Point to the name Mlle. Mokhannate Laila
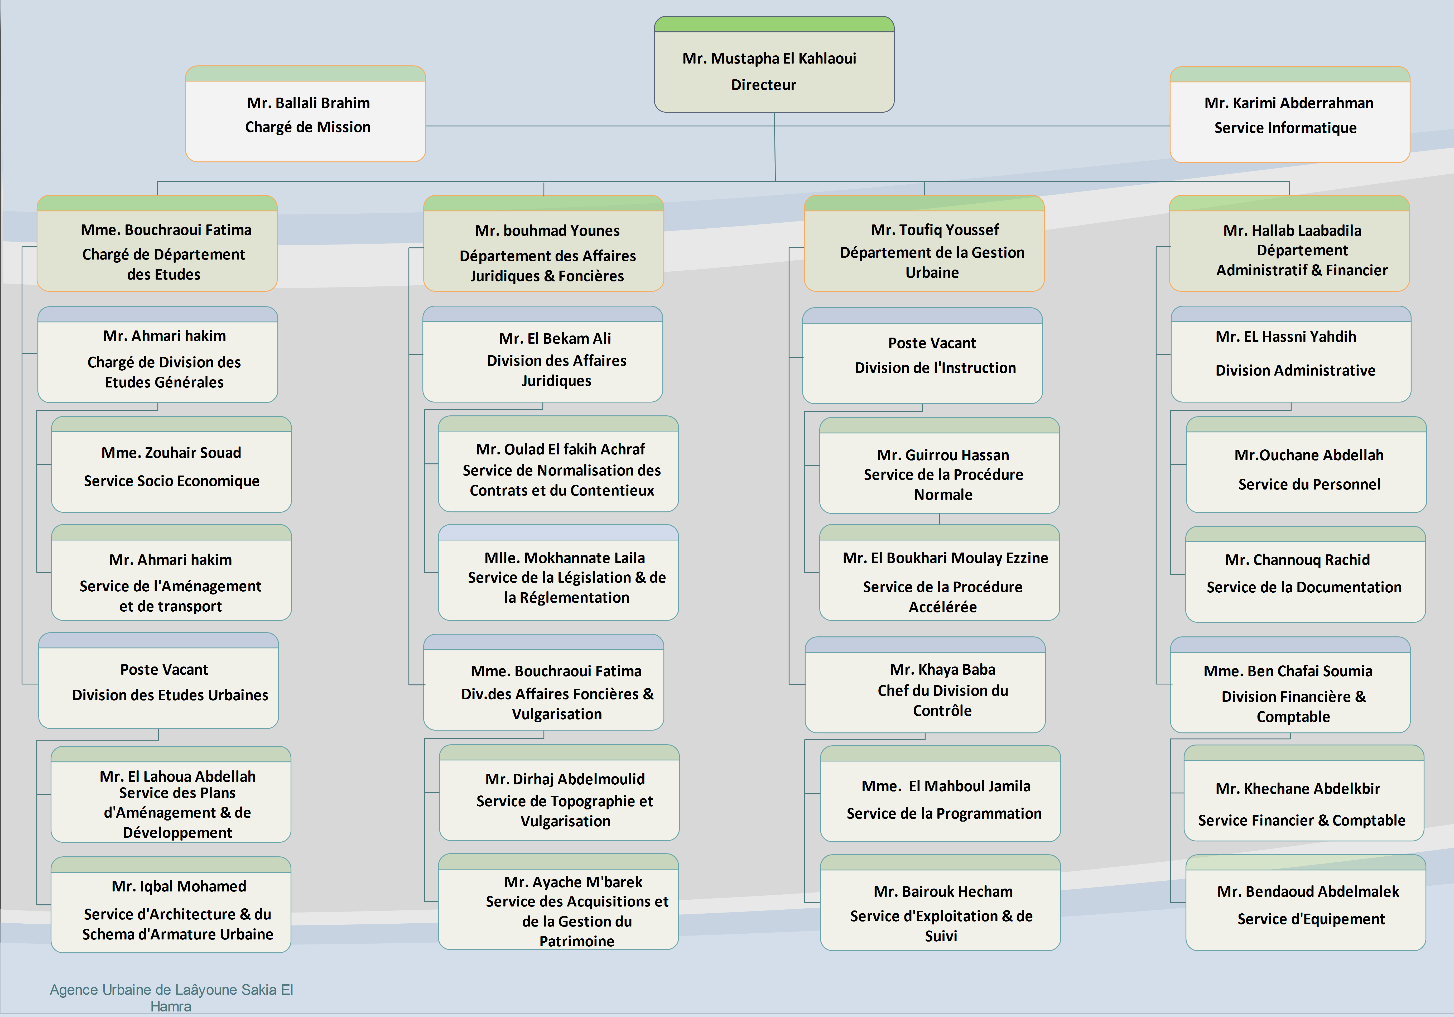tap(564, 558)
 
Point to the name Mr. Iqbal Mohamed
tap(179, 886)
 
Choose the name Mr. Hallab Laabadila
tap(1292, 231)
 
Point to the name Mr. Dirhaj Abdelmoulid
tap(565, 779)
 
